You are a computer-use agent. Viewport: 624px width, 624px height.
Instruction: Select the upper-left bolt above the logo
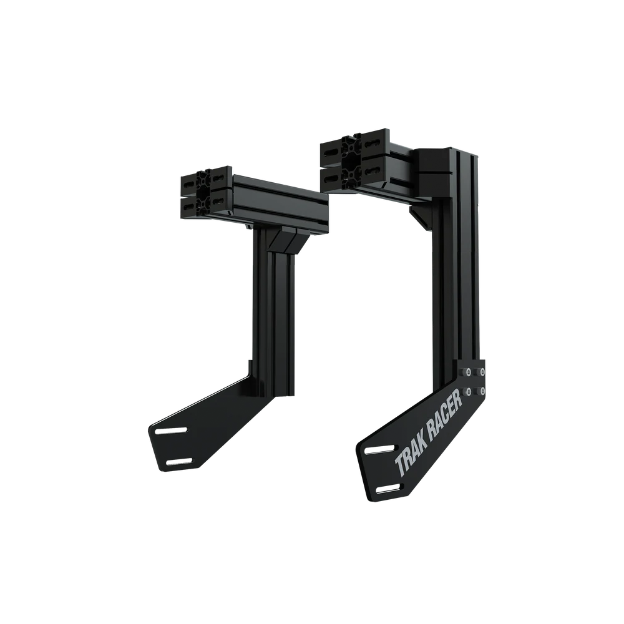point(466,373)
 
